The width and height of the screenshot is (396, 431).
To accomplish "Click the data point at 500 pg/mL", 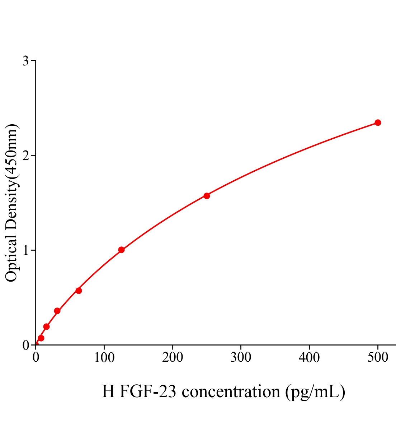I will coord(378,123).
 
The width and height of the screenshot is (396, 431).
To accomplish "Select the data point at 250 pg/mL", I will coord(207,196).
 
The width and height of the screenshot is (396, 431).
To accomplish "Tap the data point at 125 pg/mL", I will coord(121,250).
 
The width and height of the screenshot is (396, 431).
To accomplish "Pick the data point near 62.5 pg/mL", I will coord(79,291).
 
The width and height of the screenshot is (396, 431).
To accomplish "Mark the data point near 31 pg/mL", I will coord(57,311).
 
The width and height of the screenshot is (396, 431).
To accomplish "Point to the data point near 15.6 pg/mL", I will coord(46,326).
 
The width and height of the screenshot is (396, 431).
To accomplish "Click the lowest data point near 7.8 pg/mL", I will coord(41,338).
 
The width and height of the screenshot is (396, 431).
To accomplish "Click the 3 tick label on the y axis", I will coord(25,61).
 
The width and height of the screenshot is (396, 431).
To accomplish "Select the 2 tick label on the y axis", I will coord(25,156).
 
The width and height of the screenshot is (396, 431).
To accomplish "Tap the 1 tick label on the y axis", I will coord(25,250).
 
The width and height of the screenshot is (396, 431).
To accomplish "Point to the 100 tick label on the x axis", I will coord(104,358).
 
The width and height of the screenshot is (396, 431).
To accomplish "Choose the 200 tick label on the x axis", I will coord(173,358).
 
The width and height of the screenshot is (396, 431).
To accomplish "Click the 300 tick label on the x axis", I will coord(241,358).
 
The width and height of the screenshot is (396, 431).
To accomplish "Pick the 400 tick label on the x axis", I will coord(309,358).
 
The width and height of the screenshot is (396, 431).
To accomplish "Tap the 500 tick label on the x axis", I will coord(378,358).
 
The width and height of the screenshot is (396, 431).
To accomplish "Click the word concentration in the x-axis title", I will coord(231,391).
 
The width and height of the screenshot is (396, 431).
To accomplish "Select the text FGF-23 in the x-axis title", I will coord(147,391).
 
